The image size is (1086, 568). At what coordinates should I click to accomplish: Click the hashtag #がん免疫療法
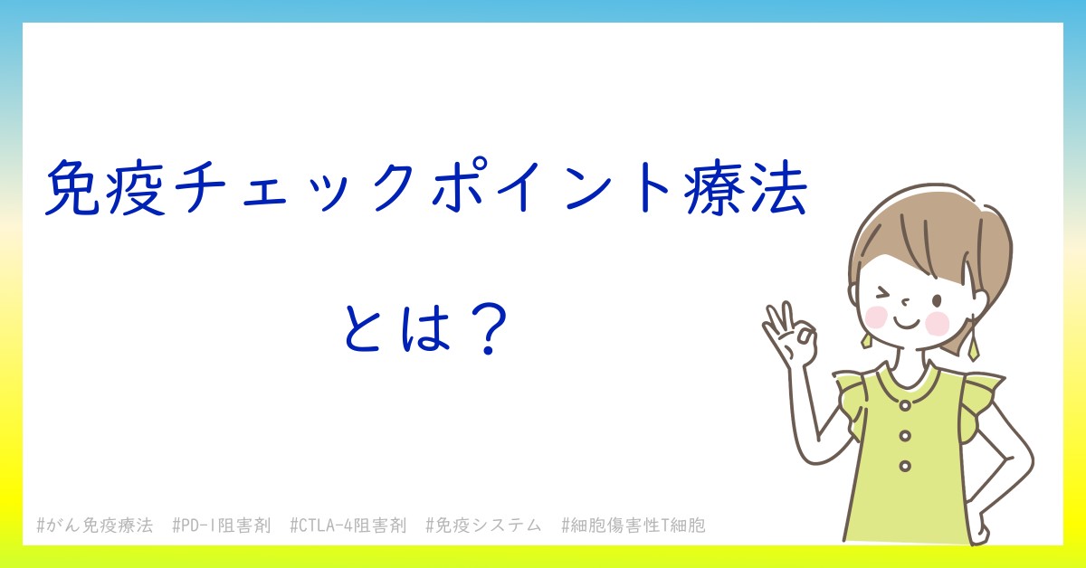[x=95, y=525]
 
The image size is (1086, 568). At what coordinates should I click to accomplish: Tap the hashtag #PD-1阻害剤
[x=222, y=525]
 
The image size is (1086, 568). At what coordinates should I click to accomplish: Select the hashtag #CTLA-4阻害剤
[x=348, y=525]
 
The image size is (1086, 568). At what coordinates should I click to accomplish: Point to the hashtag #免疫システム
[x=483, y=525]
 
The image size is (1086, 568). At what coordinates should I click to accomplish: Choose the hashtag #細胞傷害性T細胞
[x=633, y=525]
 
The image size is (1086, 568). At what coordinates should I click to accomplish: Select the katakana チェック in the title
[x=293, y=188]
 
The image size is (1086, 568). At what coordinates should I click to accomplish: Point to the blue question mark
[x=487, y=328]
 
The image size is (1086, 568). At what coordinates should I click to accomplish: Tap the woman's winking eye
[x=883, y=294]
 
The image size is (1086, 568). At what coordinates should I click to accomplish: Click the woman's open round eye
[x=938, y=301]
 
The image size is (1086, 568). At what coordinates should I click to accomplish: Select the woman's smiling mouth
[x=906, y=323]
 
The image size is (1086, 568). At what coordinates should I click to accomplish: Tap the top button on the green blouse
[x=905, y=405]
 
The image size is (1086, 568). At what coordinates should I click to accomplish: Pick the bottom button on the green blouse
[x=905, y=466]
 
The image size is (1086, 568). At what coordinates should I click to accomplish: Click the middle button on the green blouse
[x=905, y=436]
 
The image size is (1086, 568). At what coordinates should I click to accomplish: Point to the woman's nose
[x=905, y=302]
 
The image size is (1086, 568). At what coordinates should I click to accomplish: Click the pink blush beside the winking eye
[x=876, y=317]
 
